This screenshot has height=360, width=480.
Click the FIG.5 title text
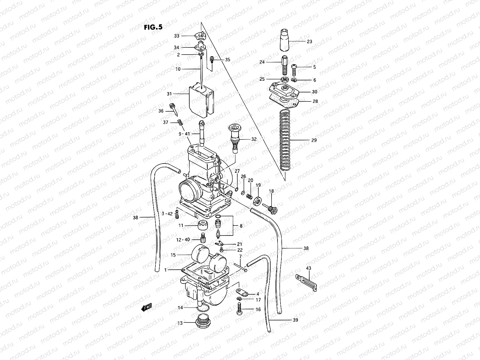click(x=153, y=27)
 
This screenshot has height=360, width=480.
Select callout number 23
click(x=309, y=42)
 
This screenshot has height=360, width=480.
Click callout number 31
click(x=169, y=94)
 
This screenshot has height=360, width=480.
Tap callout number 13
click(x=180, y=323)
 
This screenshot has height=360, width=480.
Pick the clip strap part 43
click(x=307, y=282)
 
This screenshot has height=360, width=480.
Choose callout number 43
click(x=309, y=268)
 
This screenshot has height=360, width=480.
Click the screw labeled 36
click(x=174, y=110)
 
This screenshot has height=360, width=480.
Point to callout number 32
click(x=254, y=139)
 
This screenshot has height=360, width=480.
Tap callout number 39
click(x=295, y=320)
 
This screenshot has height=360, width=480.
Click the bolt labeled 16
click(x=239, y=309)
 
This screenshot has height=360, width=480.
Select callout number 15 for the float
click(x=173, y=255)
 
